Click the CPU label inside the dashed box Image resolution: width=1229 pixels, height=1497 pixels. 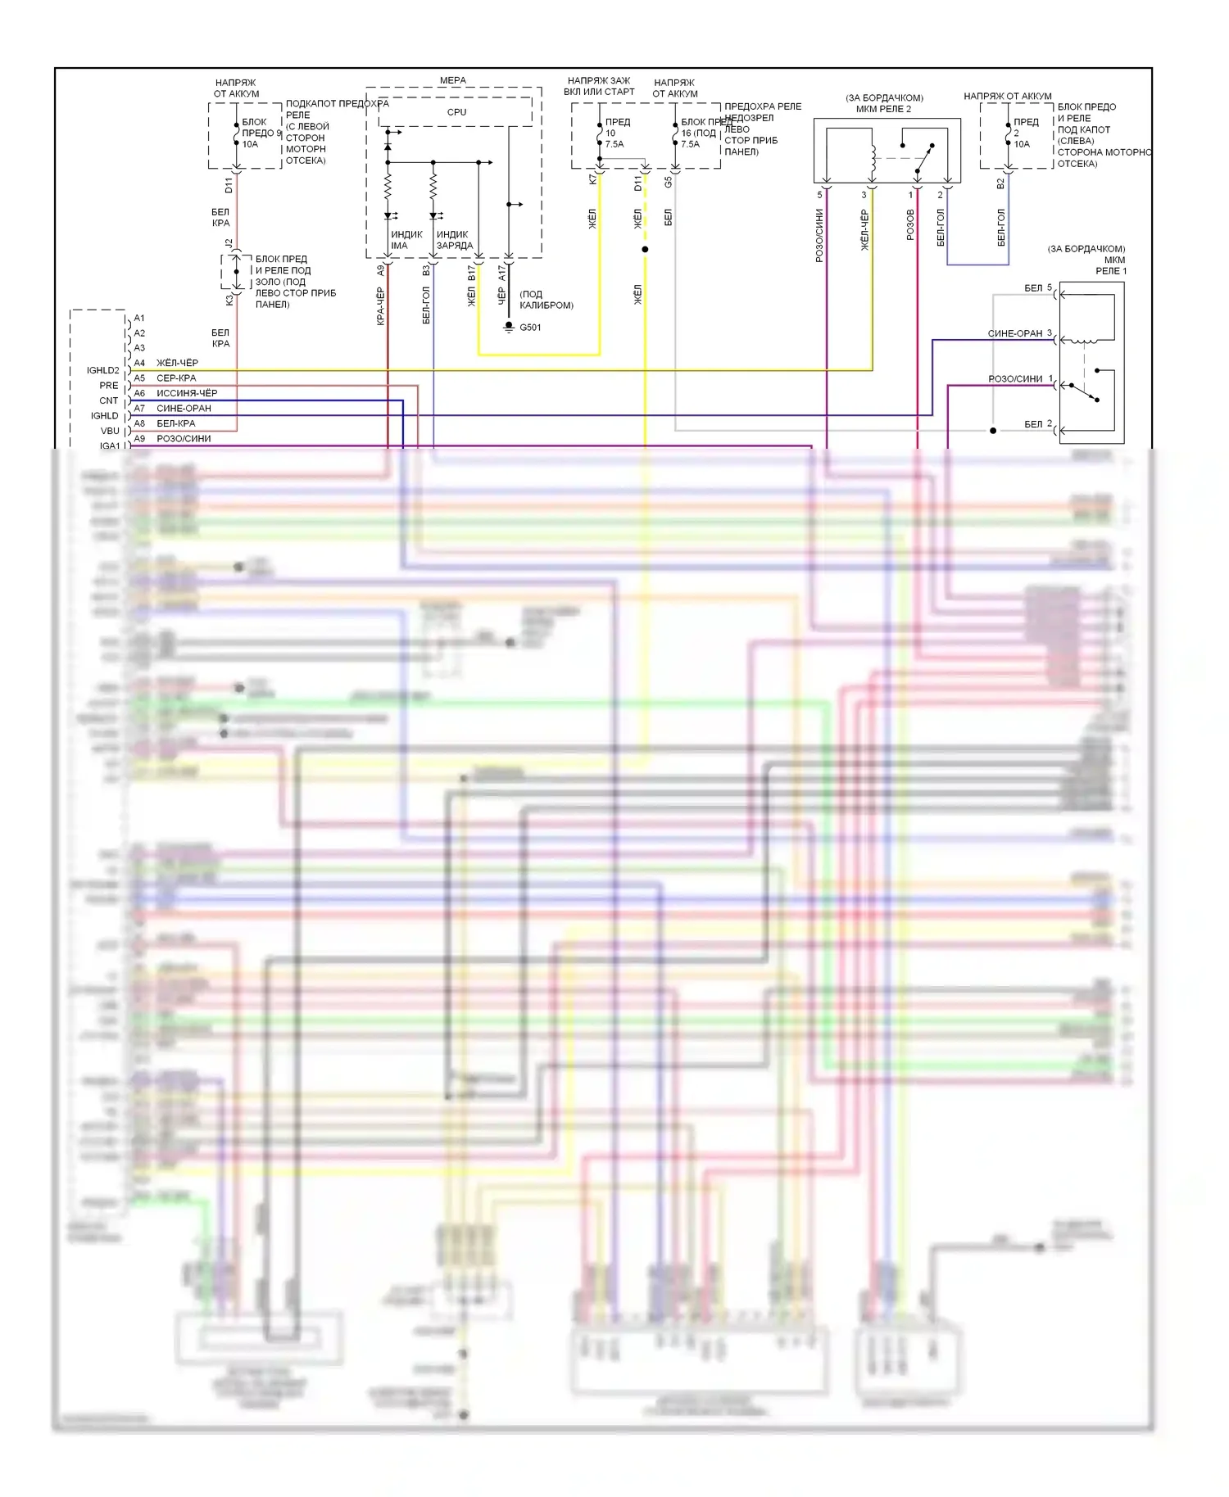(456, 112)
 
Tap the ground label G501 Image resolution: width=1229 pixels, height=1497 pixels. (530, 328)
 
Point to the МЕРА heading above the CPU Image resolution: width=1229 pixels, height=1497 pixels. (452, 80)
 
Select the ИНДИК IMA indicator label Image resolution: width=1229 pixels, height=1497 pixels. (406, 240)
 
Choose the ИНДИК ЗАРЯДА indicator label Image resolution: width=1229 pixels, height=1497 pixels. (454, 240)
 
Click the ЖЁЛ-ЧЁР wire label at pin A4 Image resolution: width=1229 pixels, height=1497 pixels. (177, 363)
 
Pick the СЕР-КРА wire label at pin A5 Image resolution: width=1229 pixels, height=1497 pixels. (176, 378)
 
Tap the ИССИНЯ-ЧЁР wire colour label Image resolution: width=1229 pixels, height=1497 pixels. (187, 393)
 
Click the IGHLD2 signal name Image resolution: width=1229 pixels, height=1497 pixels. (103, 370)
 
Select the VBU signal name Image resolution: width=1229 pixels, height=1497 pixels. (110, 431)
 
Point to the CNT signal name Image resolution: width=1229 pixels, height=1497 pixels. (109, 400)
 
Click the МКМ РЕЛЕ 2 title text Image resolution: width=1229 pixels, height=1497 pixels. (883, 109)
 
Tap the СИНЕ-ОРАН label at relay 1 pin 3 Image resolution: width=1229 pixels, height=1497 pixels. (1015, 333)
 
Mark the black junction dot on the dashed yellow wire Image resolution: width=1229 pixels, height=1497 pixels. (645, 249)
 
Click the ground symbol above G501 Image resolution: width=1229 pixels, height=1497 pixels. (509, 328)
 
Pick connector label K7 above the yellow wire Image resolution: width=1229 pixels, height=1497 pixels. (592, 179)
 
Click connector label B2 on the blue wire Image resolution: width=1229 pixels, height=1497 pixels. (1000, 184)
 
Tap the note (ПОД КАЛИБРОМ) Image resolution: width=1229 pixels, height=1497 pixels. (546, 300)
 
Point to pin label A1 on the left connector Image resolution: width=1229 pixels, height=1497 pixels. (139, 318)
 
